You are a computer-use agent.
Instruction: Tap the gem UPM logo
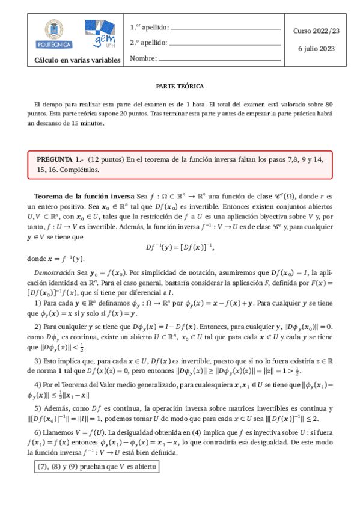(100, 34)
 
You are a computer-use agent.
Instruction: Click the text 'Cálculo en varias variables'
(77, 60)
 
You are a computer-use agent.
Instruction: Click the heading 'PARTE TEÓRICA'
(180, 86)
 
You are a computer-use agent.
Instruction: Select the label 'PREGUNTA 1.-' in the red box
(60, 159)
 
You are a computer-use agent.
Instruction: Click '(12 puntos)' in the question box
(106, 159)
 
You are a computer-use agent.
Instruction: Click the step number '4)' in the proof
(38, 384)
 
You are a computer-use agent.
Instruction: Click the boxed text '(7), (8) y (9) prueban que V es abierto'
(96, 465)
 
